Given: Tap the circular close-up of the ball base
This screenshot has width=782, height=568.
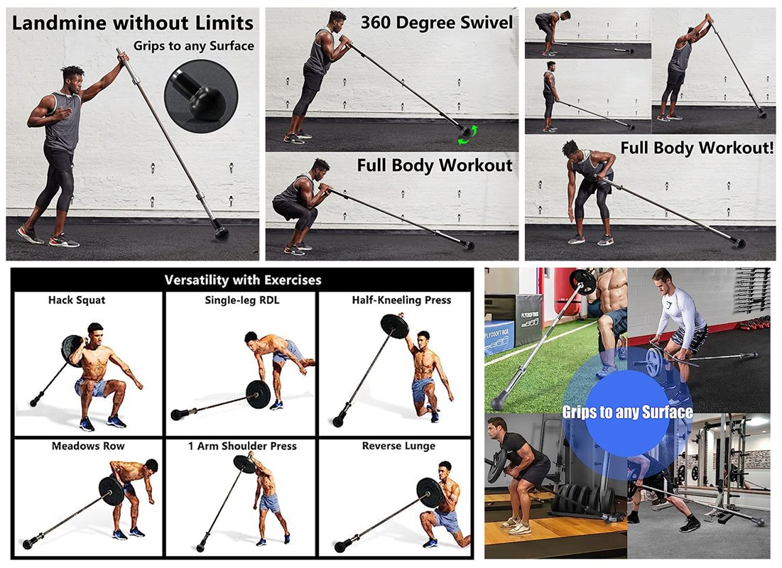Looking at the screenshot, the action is tap(201, 97).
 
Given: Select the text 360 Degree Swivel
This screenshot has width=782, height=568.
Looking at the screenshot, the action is tap(436, 23).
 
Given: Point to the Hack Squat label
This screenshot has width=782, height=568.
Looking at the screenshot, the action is tap(77, 300).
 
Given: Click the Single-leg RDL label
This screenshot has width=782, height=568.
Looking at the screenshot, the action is tap(242, 300).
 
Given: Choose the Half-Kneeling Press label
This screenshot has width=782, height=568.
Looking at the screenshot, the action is tap(401, 300).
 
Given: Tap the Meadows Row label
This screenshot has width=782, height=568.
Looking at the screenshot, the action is tap(88, 446).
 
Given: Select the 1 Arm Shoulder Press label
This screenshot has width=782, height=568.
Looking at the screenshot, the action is tap(242, 446).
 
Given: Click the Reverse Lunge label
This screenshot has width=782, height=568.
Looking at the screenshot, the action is tap(398, 446).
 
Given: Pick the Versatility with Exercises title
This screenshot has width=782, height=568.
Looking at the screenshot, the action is tap(243, 280).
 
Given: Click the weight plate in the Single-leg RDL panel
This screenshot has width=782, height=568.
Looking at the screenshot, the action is tap(259, 395).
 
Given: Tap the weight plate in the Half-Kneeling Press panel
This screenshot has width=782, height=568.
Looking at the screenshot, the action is tap(395, 327).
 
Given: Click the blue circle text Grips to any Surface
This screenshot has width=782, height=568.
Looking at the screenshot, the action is tap(627, 412).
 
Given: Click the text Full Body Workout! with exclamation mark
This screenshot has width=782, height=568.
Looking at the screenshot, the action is tap(697, 148).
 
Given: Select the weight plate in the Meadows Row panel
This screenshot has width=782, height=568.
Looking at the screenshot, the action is tap(111, 490).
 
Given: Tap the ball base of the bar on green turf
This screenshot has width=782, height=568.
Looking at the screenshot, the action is tap(499, 402).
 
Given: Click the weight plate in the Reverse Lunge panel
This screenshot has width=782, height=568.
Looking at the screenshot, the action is tap(429, 493).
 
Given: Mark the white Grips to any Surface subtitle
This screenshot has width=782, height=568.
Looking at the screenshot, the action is tap(193, 46).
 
